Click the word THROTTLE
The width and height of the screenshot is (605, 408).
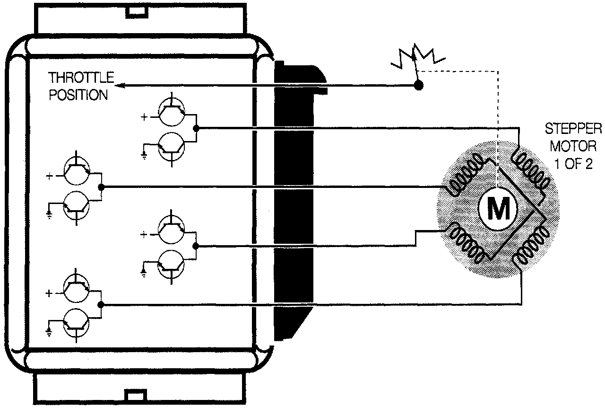click(x=82, y=78)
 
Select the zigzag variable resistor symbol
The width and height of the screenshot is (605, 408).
click(x=416, y=55)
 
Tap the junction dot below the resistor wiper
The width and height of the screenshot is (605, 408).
click(x=418, y=86)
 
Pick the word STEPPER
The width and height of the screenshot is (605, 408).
click(x=573, y=128)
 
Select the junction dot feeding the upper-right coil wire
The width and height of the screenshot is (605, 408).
click(x=197, y=128)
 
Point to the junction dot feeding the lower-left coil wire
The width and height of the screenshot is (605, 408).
click(x=197, y=246)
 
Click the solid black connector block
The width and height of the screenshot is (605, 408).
click(x=293, y=199)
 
